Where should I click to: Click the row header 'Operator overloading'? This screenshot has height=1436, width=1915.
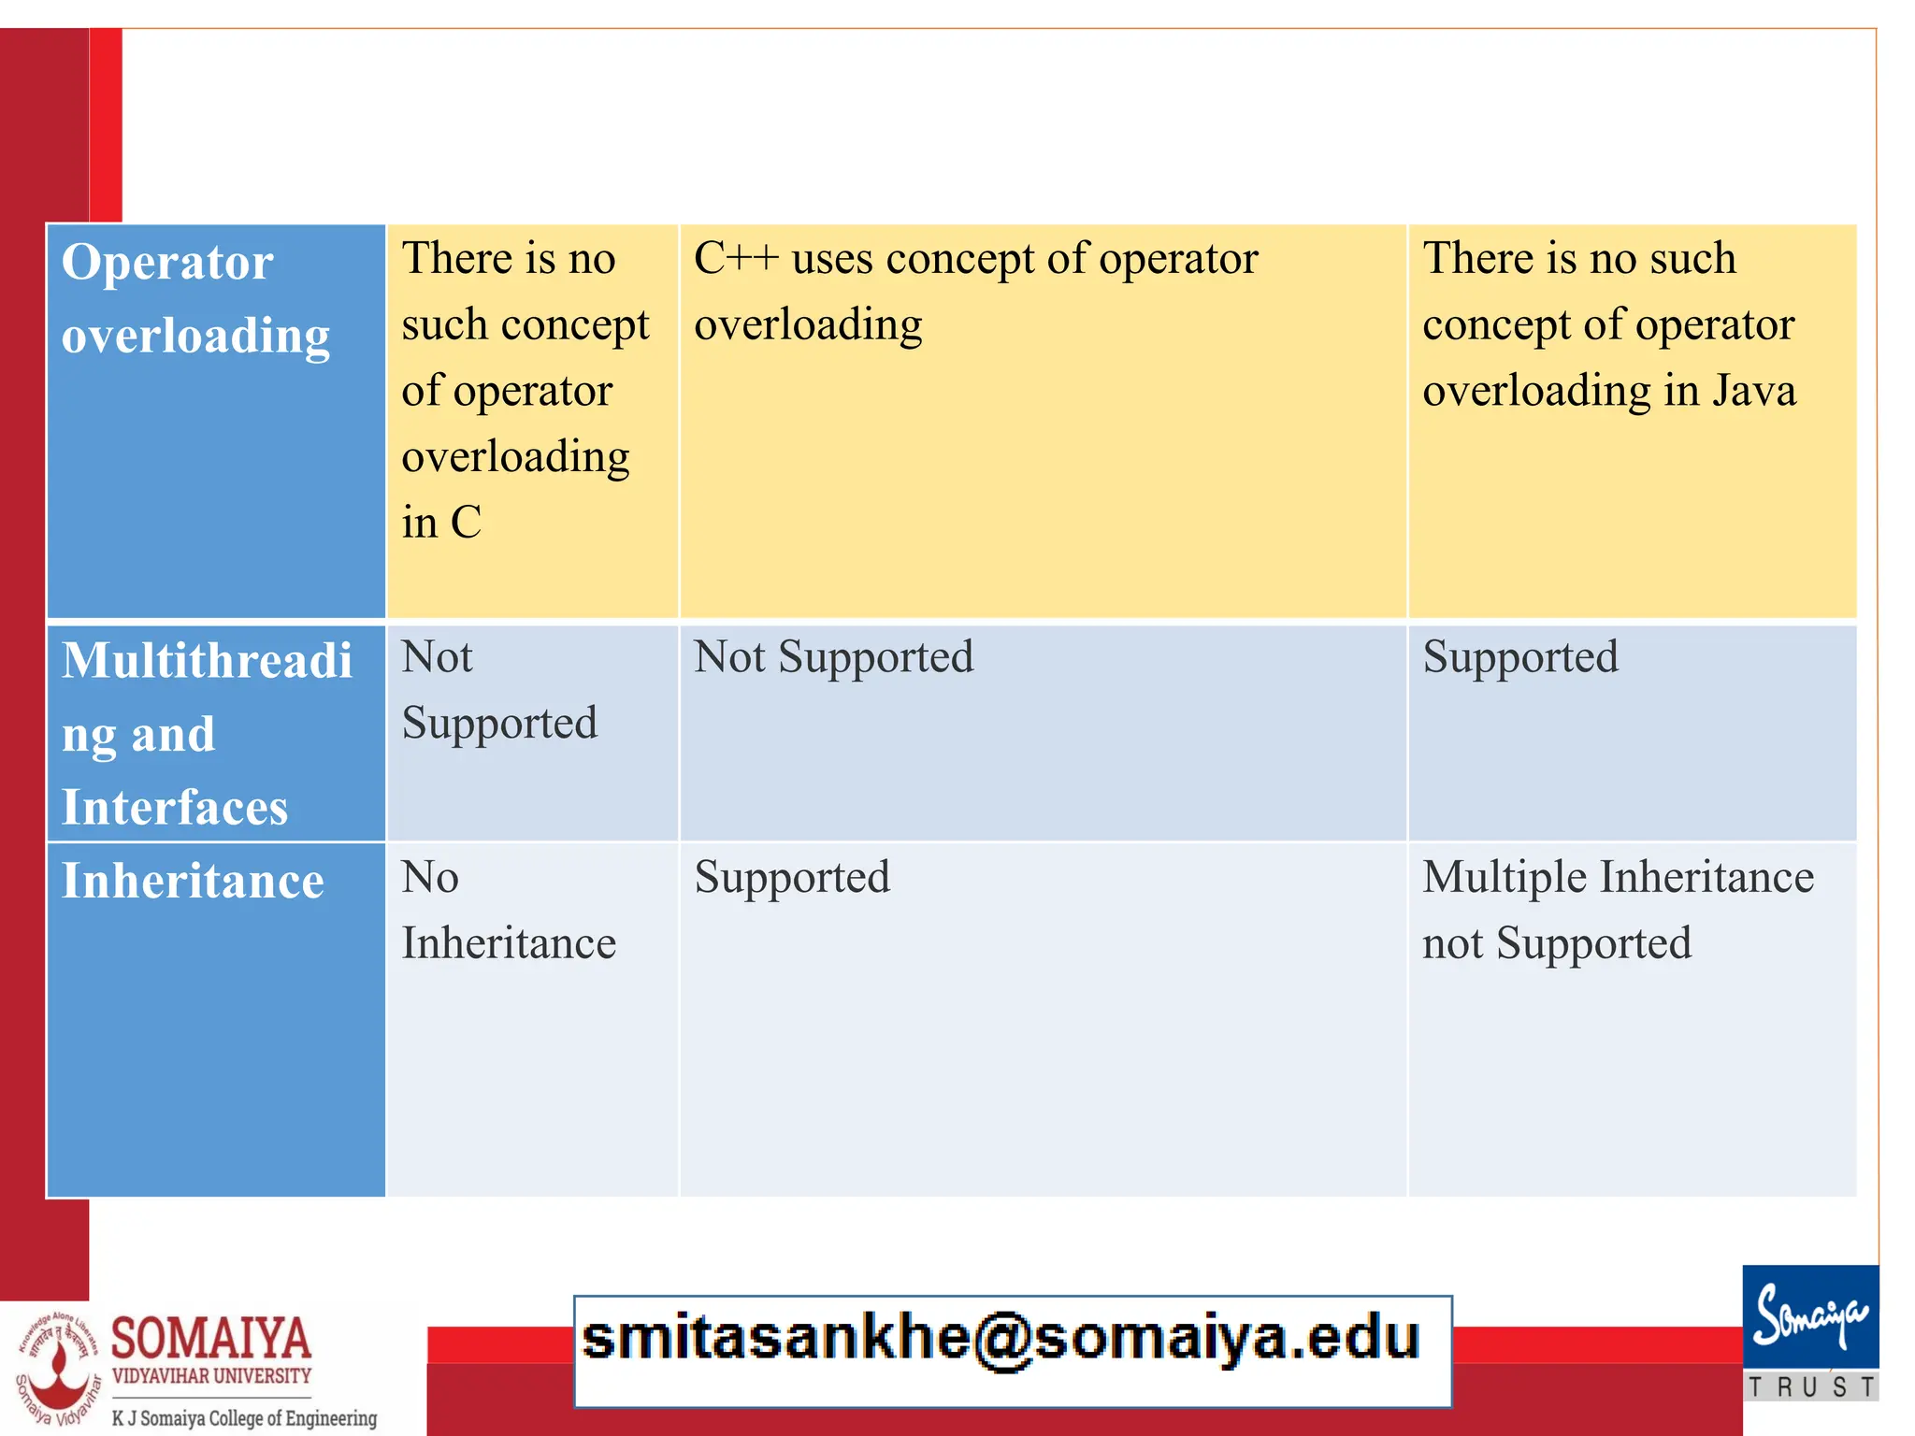195,299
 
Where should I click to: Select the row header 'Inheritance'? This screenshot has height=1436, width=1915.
193,881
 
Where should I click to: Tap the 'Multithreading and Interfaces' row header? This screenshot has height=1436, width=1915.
207,734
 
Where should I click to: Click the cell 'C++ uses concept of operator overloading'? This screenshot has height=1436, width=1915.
975,292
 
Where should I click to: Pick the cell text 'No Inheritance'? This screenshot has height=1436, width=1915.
509,910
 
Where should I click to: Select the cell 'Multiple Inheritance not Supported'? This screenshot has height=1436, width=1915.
1618,910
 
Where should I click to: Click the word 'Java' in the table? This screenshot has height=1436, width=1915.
1754,391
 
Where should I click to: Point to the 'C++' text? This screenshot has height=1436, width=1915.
736,259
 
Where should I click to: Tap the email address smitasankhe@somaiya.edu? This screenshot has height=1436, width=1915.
1001,1339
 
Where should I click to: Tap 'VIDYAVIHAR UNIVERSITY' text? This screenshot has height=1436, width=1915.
211,1376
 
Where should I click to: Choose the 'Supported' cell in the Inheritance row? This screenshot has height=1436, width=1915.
792,878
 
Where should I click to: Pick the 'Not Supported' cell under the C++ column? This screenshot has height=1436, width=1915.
833,657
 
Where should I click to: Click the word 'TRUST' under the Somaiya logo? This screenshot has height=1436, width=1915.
1811,1386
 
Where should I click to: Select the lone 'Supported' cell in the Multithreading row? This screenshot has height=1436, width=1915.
1520,657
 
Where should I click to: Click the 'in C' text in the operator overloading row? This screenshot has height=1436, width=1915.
441,523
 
